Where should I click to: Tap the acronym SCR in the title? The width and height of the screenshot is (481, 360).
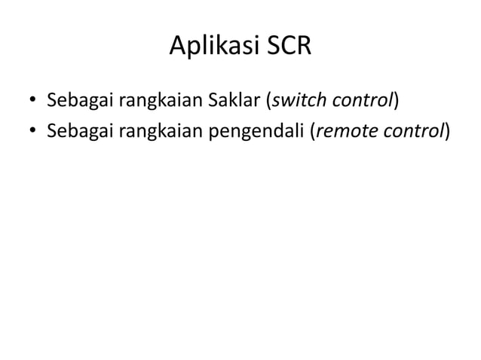pos(285,46)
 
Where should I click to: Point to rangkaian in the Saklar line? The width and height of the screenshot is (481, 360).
pos(153,100)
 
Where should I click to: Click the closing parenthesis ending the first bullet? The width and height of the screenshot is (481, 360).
pos(395,100)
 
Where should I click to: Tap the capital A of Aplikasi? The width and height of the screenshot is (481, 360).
pos(176,46)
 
